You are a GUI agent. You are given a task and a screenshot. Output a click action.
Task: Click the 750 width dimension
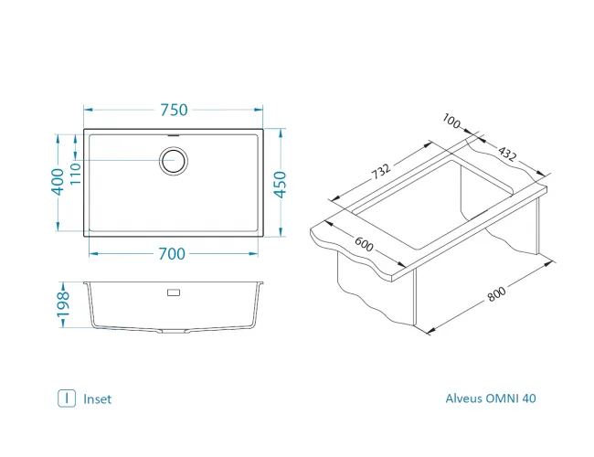click(174, 111)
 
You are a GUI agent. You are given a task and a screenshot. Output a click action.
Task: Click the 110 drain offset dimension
click(77, 171)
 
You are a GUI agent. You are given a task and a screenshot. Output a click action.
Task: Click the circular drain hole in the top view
click(174, 161)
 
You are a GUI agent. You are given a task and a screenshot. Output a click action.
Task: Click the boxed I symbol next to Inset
click(66, 399)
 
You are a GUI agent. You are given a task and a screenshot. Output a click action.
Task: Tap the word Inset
click(97, 399)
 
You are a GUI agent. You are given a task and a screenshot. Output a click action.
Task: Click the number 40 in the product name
click(543, 399)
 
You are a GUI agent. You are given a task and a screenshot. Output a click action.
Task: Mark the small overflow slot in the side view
click(174, 293)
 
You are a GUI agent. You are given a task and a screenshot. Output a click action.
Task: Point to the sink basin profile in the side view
click(174, 311)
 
